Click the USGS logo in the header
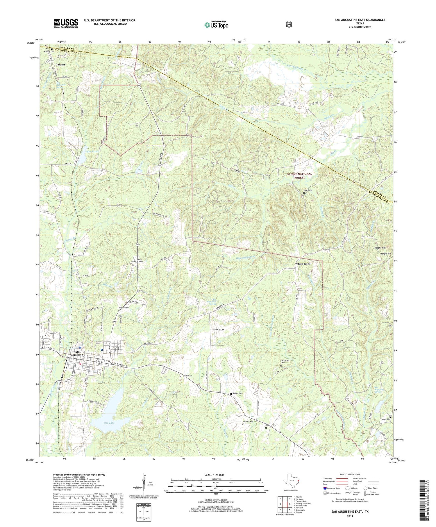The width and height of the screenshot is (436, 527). pos(66,23)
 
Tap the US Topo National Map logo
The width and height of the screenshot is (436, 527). pos(217,25)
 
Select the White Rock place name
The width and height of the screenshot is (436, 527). pos(303,264)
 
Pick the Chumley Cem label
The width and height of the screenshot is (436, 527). pos(219,330)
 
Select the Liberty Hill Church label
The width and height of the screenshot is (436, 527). pos(138,260)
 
